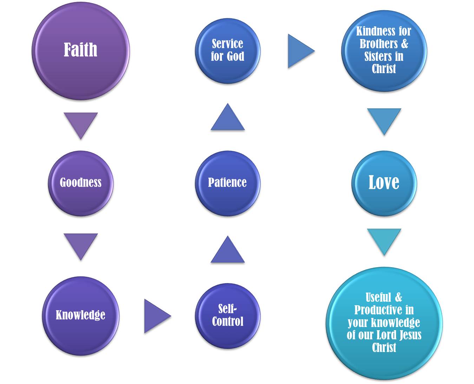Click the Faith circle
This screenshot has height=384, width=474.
click(x=81, y=51)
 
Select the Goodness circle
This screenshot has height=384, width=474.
click(x=81, y=183)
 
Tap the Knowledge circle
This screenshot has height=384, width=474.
click(x=81, y=315)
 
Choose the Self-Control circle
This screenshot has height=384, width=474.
click(x=228, y=315)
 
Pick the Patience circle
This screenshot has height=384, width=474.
click(x=228, y=183)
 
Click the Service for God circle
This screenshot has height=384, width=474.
click(x=228, y=51)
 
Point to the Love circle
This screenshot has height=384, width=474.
click(x=384, y=183)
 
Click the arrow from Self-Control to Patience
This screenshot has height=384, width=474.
click(x=228, y=251)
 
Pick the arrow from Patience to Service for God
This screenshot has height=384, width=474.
click(x=228, y=119)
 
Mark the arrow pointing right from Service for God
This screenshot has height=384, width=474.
click(x=299, y=51)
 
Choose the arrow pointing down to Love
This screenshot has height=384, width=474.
click(x=384, y=120)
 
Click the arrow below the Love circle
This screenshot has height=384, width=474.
click(x=384, y=240)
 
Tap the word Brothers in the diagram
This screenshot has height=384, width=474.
click(x=378, y=44)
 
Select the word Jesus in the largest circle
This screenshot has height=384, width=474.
click(x=409, y=335)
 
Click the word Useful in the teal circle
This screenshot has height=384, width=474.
click(x=378, y=297)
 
